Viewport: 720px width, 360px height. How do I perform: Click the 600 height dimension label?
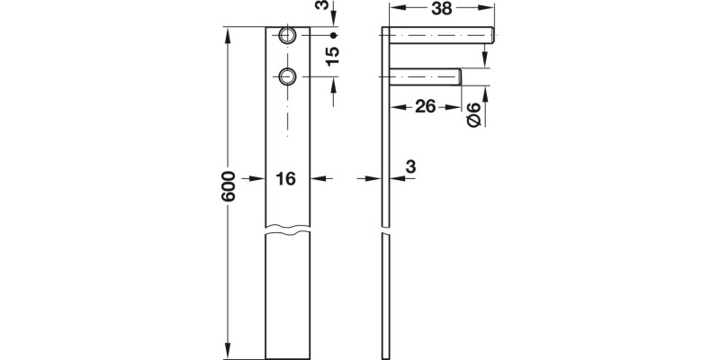(229, 186)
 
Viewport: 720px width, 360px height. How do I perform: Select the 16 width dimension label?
(285, 179)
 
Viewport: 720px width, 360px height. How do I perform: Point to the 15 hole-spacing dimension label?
(332, 56)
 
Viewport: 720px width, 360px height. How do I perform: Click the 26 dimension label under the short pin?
(426, 107)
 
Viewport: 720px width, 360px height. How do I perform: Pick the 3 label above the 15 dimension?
(332, 9)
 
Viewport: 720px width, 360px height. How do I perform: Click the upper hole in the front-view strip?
(287, 35)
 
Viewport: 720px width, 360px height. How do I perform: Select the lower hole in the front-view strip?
(287, 76)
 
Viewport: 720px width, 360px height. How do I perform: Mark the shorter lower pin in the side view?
(426, 76)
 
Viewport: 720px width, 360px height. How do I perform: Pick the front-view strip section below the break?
(288, 297)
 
